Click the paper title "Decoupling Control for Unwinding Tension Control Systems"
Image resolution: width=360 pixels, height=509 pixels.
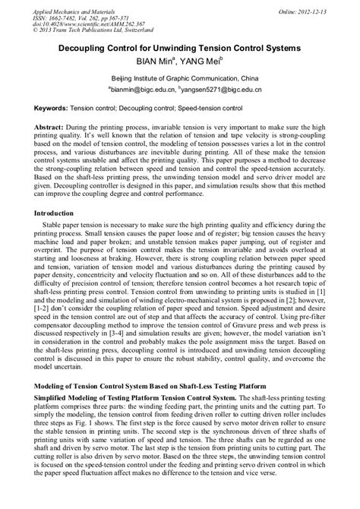[x=180, y=48]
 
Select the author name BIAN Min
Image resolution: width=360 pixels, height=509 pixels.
[x=156, y=61]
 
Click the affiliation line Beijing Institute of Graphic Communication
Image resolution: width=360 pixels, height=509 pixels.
[x=179, y=78]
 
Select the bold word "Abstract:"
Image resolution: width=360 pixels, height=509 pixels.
[x=51, y=128]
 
